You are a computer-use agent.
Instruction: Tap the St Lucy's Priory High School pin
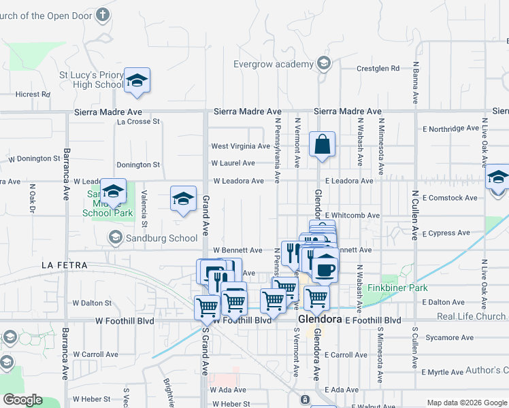[x=137, y=82]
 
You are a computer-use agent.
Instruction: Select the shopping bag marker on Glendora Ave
[x=323, y=145]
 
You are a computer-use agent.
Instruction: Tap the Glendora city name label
[x=320, y=320]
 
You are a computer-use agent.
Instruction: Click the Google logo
[x=22, y=400]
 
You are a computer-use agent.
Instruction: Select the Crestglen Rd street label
[x=378, y=69]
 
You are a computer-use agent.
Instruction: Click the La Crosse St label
[x=138, y=122]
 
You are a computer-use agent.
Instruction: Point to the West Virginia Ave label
[x=241, y=146]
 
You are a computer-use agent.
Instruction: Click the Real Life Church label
[x=471, y=316]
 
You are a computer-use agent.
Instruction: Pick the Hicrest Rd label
[x=33, y=95]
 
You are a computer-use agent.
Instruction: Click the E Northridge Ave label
[x=450, y=128]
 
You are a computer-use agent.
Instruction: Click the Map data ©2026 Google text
[x=465, y=403]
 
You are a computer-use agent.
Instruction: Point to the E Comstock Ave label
[x=450, y=198]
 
